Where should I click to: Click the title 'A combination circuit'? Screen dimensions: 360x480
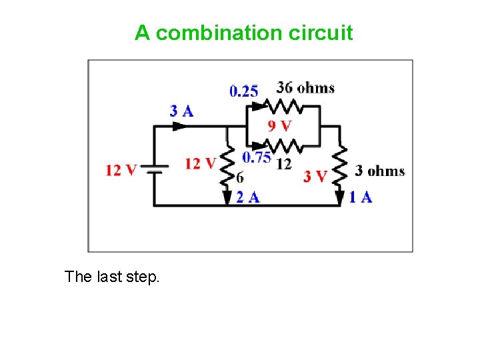click(243, 33)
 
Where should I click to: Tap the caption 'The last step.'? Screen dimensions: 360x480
click(112, 277)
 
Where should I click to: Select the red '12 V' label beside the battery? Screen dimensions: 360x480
click(121, 170)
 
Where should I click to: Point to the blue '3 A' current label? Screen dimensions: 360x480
click(181, 111)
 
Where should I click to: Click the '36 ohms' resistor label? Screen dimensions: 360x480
click(305, 88)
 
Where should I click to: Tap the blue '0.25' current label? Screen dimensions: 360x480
click(244, 91)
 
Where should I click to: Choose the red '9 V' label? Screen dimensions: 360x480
click(280, 126)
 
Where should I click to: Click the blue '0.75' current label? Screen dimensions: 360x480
click(256, 157)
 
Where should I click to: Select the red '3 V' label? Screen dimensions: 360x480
click(315, 177)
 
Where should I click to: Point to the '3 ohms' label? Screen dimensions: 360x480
click(380, 171)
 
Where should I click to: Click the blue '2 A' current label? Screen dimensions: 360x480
click(247, 197)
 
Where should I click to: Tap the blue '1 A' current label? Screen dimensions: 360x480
click(361, 197)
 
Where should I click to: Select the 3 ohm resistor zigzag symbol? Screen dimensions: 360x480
click(340, 168)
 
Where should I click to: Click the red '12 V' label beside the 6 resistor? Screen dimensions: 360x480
click(201, 163)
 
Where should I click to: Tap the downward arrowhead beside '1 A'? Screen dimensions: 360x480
click(340, 197)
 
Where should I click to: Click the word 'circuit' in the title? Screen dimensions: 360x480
click(321, 33)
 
